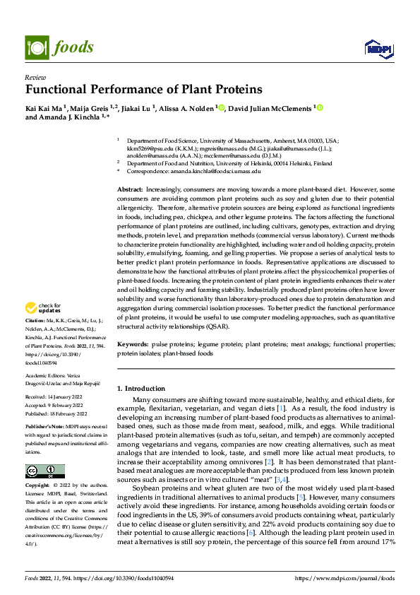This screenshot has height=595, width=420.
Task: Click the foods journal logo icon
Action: coord(35,47)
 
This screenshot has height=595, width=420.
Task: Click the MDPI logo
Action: coord(379,48)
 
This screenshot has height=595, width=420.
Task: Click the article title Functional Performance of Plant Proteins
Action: coord(143,90)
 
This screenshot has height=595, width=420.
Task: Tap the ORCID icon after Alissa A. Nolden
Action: coord(222,107)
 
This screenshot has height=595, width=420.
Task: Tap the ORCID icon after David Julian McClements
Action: coord(318,107)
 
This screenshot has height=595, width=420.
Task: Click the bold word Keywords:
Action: coord(132,343)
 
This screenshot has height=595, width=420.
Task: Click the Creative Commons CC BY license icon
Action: coord(44,471)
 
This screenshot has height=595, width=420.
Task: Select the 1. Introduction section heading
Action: coord(140,389)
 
